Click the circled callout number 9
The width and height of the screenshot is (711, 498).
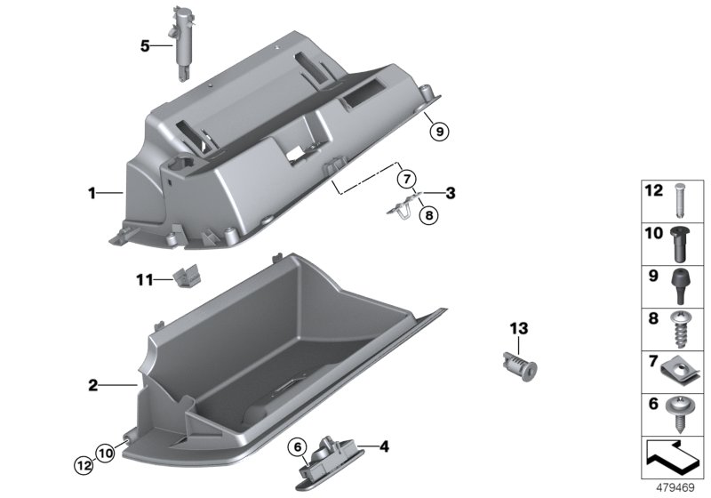pyautogui.click(x=439, y=132)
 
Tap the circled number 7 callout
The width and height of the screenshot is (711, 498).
pyautogui.click(x=406, y=178)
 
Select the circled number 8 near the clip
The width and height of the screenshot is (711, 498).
pyautogui.click(x=429, y=215)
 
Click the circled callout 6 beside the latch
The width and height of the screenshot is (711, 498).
pyautogui.click(x=298, y=447)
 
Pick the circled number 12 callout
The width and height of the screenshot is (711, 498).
pyautogui.click(x=84, y=465)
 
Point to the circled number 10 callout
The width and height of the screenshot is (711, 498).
pyautogui.click(x=105, y=452)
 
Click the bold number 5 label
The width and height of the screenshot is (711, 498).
pyautogui.click(x=145, y=46)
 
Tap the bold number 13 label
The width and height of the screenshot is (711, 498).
pyautogui.click(x=519, y=328)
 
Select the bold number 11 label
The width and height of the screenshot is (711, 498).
pyautogui.click(x=145, y=280)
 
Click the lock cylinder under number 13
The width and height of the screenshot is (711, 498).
pyautogui.click(x=521, y=365)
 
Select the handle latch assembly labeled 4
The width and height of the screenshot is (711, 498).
pyautogui.click(x=327, y=462)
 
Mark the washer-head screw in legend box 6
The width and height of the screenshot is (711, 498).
pyautogui.click(x=679, y=414)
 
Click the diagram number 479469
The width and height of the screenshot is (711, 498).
pyautogui.click(x=675, y=488)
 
